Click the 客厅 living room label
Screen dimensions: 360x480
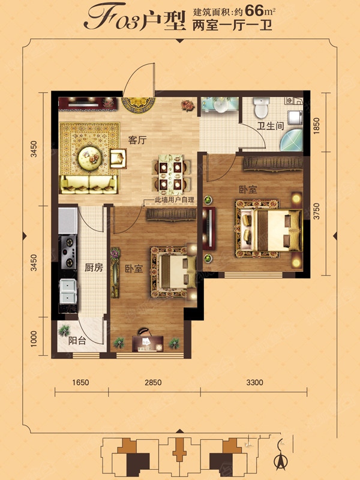pos(137,140)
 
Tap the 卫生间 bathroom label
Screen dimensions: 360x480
pos(271,126)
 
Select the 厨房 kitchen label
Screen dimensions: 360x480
pos(94,268)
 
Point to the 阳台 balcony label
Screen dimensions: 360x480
pos(77,341)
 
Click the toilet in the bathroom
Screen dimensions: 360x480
pos(261,107)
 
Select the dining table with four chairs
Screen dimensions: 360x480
pos(171,175)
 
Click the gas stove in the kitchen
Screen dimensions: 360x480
pos(68,252)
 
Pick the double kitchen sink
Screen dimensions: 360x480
pos(68,291)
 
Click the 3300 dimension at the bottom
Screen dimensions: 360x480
pos(254,382)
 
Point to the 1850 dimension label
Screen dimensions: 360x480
pos(317,125)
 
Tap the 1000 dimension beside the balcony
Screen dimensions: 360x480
pos(34,338)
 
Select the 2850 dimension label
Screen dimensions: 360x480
pos(153,382)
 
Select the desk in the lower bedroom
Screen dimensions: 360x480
pos(148,344)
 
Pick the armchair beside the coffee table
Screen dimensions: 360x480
pos(118,158)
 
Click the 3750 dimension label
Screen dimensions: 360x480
pos(317,211)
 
